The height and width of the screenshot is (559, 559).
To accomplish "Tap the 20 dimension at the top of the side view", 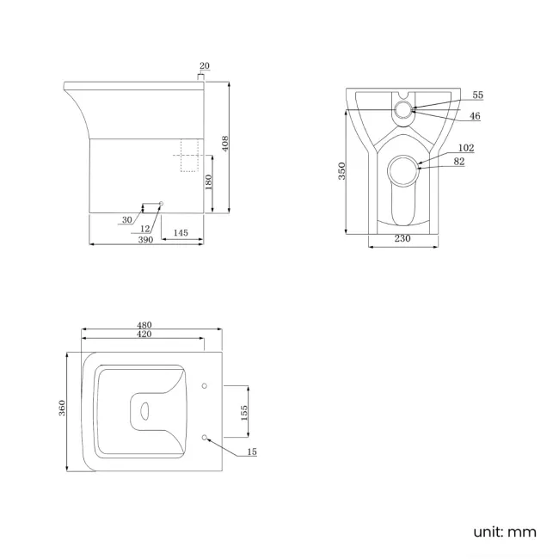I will (204, 66).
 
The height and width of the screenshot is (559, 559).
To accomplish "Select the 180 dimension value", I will (208, 182).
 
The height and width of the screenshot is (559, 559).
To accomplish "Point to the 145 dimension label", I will (181, 233).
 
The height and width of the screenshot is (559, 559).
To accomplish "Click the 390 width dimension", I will (146, 240).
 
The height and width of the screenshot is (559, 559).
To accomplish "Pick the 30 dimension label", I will (127, 220).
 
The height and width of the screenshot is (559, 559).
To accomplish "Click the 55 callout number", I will (478, 95).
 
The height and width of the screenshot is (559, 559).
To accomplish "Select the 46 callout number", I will (476, 115).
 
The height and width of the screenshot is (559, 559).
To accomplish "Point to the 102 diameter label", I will (466, 148).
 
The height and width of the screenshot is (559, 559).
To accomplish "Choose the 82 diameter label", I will (458, 162).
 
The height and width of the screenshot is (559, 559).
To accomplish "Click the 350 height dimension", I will (341, 171).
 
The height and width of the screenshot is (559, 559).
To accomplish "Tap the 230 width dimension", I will (402, 239).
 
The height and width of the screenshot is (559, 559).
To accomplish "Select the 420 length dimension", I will (144, 335).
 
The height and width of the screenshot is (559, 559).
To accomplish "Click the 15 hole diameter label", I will (252, 451).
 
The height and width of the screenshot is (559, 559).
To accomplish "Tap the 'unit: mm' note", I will (504, 531).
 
